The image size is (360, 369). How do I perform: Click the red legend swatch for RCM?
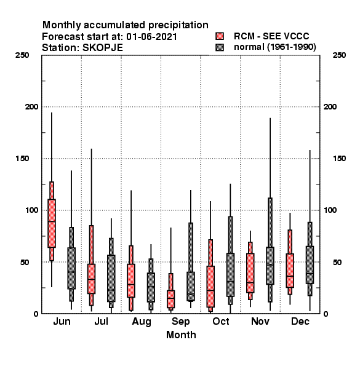click(x=220, y=36)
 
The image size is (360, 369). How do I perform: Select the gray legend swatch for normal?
click(x=220, y=47)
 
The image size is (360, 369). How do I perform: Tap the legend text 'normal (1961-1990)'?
click(x=274, y=47)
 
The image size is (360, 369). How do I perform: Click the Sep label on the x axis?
click(x=180, y=322)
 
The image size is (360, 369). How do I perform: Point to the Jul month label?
click(x=102, y=321)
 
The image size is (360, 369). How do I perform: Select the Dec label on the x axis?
click(x=300, y=321)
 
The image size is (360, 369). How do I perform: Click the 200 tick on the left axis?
click(x=31, y=107)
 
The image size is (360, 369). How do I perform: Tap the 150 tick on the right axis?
click(x=339, y=159)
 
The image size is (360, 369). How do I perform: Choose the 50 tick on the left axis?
click(x=26, y=262)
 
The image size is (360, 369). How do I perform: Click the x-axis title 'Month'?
click(x=181, y=335)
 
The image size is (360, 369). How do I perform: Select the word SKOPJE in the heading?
click(x=103, y=48)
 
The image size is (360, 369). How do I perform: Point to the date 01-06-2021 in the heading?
click(x=151, y=37)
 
